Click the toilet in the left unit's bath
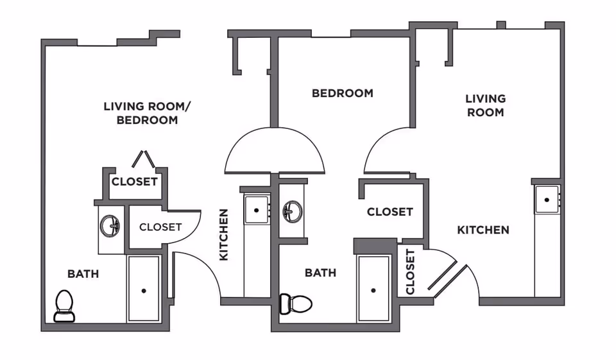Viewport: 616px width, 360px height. coord(64,305)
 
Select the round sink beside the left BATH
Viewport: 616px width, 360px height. coord(110,225)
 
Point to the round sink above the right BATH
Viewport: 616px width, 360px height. coord(293,210)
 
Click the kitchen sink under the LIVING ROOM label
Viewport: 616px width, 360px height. coord(547,200)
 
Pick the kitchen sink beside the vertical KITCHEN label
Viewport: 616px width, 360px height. coord(257,210)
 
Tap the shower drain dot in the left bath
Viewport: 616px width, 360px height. coord(144,291)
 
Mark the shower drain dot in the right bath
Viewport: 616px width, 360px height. coord(373,290)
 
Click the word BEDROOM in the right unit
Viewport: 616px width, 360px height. coord(342,93)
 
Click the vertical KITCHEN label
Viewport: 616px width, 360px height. coord(224,234)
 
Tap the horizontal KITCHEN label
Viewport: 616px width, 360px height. coord(483,230)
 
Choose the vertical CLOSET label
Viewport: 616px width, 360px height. coord(410,271)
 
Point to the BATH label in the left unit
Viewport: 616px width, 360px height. coord(83,274)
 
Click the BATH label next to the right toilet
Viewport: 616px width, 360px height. coord(320,273)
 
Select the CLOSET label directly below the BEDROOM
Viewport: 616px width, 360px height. coord(389,212)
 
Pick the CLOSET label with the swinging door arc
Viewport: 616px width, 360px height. coord(160,227)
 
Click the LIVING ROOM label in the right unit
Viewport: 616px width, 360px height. coord(485,105)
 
